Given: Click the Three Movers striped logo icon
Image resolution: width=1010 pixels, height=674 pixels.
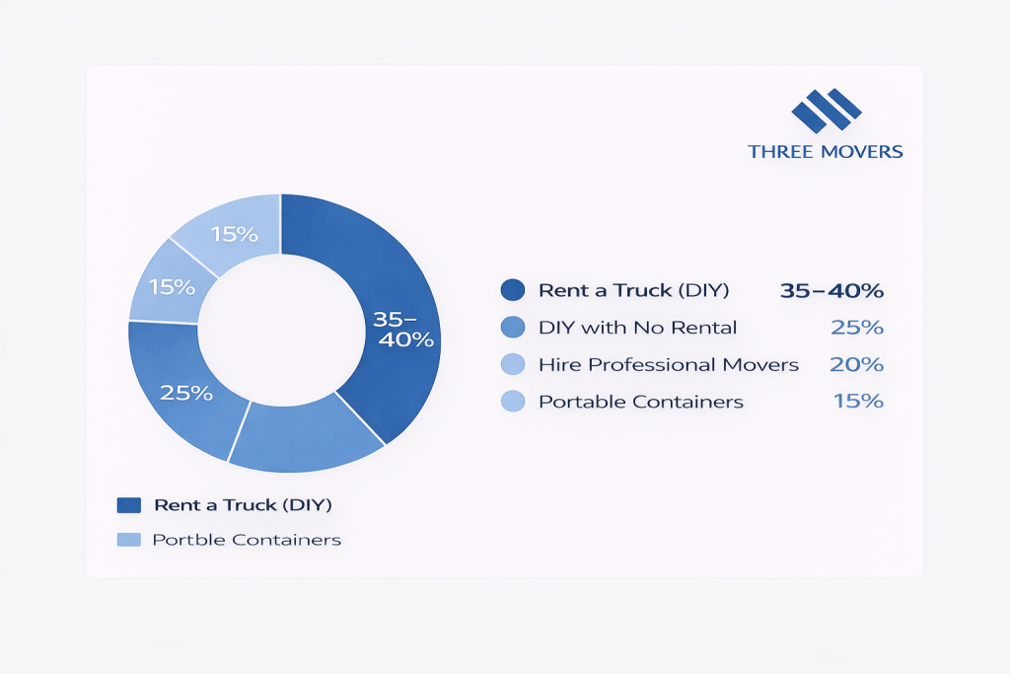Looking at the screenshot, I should pyautogui.click(x=826, y=110).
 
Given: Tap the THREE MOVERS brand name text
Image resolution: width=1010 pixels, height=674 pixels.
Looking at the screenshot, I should pyautogui.click(x=826, y=152).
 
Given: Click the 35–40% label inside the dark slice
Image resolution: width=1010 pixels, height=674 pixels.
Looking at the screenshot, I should pyautogui.click(x=402, y=329).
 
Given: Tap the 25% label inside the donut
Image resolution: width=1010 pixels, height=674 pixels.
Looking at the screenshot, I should pyautogui.click(x=187, y=393).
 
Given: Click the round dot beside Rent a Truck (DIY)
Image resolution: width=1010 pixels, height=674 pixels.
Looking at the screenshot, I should pyautogui.click(x=512, y=290).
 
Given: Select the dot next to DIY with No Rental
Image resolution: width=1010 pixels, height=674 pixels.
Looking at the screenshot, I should pyautogui.click(x=512, y=328).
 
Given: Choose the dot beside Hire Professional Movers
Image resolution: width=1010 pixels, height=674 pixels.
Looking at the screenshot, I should pyautogui.click(x=512, y=365).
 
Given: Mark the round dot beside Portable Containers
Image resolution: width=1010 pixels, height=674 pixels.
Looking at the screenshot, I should pyautogui.click(x=512, y=402).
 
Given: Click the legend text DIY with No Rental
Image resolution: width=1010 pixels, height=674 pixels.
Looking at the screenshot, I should pyautogui.click(x=637, y=328).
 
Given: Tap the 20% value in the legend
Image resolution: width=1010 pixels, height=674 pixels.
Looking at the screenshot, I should pyautogui.click(x=856, y=365).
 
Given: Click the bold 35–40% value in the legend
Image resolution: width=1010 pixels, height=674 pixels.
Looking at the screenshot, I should pyautogui.click(x=830, y=290).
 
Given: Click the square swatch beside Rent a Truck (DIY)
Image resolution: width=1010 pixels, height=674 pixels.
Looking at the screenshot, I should pyautogui.click(x=129, y=505).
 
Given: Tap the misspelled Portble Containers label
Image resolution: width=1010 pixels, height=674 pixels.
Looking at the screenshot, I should pyautogui.click(x=247, y=540).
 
